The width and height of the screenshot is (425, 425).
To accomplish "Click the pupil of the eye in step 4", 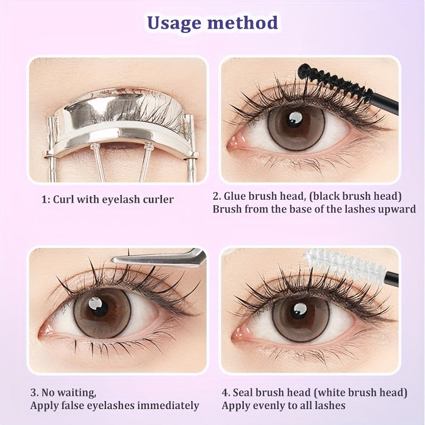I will [x=299, y=311].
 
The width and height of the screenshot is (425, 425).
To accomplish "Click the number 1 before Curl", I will [x=44, y=200].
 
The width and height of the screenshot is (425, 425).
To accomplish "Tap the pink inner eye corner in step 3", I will [x=45, y=330].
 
